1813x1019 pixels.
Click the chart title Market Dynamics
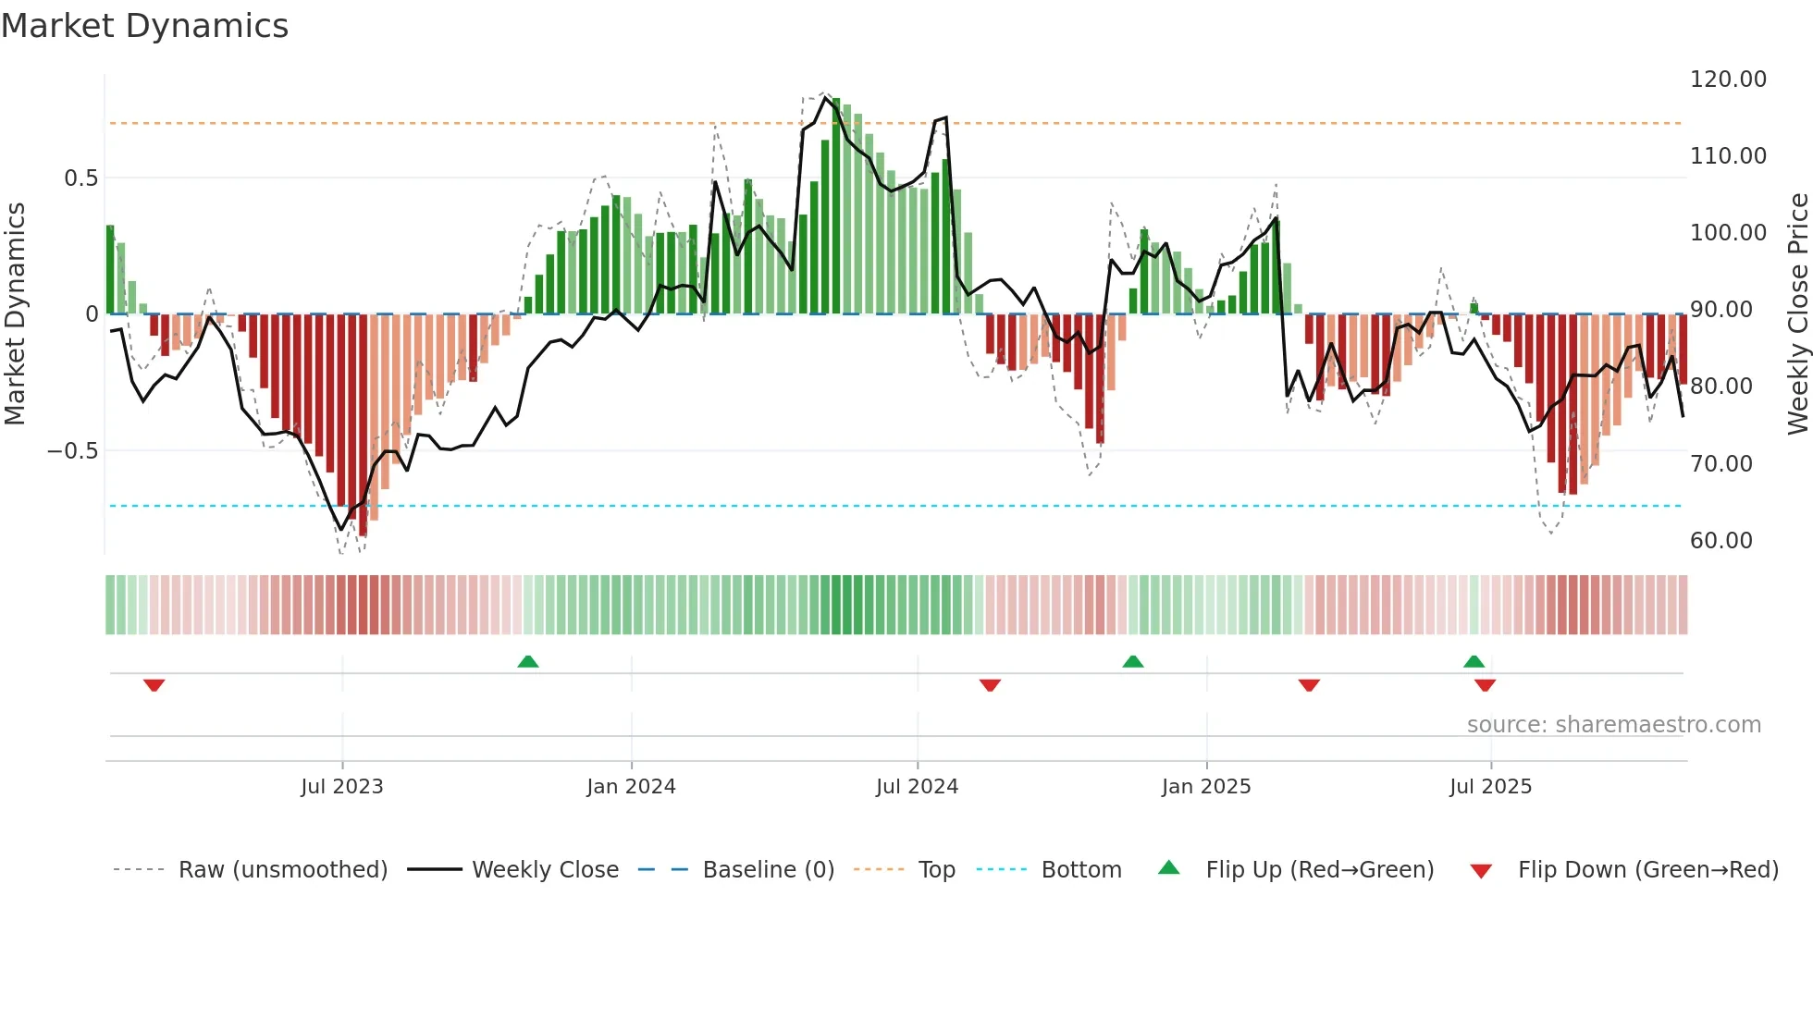pos(144,26)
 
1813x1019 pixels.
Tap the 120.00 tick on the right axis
pos(1728,80)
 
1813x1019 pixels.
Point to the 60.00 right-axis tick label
pos(1720,541)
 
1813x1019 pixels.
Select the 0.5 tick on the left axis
pos(80,178)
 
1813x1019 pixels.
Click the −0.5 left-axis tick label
pos(72,451)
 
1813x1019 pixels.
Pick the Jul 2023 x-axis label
pos(341,787)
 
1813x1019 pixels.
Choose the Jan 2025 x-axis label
pos(1206,787)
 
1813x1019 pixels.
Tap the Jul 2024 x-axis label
pos(917,787)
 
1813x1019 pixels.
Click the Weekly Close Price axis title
pos(1797,314)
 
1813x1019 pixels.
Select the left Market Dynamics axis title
pos(15,314)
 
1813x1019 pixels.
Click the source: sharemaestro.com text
pos(1613,725)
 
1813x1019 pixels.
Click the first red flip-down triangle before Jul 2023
pos(154,685)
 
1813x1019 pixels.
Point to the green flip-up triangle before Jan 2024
pos(528,661)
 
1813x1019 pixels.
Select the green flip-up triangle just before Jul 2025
pos(1474,661)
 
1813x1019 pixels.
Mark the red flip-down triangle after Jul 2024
pos(990,685)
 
